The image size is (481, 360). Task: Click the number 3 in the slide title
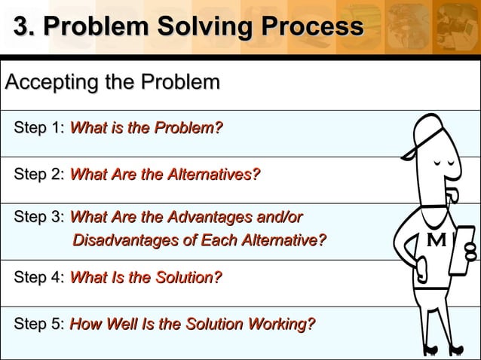[22, 27]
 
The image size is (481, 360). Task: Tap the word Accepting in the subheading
[52, 82]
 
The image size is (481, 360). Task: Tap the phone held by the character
[461, 249]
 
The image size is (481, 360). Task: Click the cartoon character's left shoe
[430, 348]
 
